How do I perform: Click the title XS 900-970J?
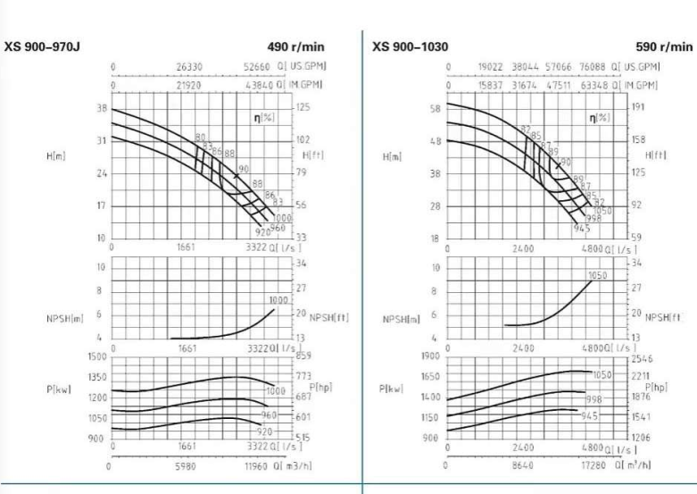44,46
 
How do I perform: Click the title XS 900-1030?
411,46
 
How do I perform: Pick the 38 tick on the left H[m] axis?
101,108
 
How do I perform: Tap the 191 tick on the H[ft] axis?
637,105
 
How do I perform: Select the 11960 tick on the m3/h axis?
261,465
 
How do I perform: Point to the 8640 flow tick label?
524,465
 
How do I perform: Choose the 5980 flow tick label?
186,465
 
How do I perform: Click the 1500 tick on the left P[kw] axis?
97,356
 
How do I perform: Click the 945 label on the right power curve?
588,416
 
